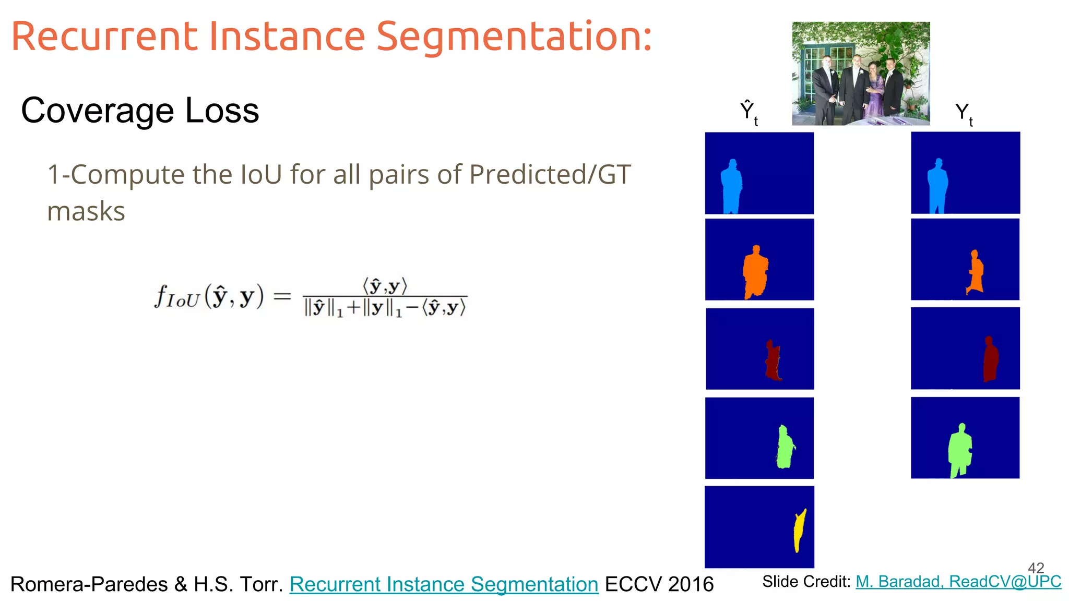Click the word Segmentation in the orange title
[514, 38]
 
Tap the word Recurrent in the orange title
[104, 38]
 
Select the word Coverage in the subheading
[98, 111]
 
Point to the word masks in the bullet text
[86, 212]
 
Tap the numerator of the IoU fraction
[385, 286]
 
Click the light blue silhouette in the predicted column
[731, 187]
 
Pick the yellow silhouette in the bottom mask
[799, 531]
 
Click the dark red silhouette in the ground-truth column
[990, 360]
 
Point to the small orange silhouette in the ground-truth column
[975, 273]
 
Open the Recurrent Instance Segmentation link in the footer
[444, 584]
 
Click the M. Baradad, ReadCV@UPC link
[958, 582]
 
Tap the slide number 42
[1036, 568]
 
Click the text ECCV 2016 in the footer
[659, 584]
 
